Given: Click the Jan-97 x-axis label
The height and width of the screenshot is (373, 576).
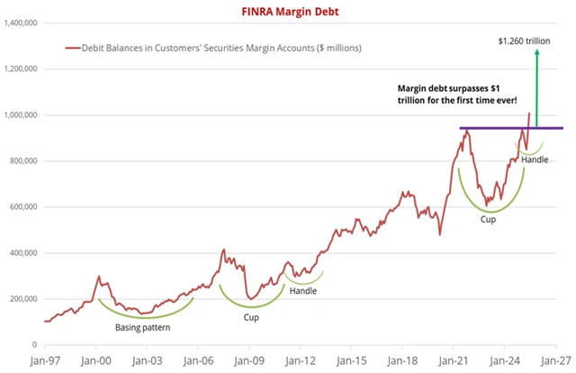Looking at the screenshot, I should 45,359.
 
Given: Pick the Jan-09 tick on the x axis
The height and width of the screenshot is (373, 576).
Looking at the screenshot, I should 248,359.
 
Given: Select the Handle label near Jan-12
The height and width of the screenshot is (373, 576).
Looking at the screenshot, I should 303,290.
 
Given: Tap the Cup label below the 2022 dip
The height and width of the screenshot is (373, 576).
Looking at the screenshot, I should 489,220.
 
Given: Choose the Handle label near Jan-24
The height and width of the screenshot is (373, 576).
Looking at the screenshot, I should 534,159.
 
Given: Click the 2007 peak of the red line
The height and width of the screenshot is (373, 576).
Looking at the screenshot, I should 224,250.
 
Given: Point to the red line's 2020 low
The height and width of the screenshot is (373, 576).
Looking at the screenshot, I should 440,234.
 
